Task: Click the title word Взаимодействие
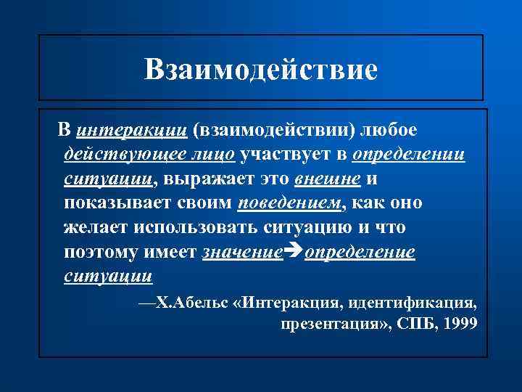tap(261, 70)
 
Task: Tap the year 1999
tap(461, 324)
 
